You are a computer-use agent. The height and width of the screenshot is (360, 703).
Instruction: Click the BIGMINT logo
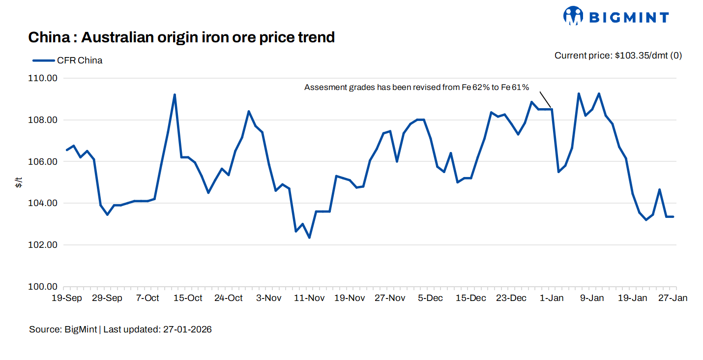pos(616,17)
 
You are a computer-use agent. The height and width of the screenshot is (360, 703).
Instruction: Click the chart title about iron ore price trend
pos(181,37)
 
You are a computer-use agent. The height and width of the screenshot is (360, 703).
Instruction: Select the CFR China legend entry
pos(68,60)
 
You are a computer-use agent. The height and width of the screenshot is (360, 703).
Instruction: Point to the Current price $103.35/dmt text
pos(618,56)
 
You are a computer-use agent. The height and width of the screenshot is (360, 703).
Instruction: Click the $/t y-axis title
pos(19,183)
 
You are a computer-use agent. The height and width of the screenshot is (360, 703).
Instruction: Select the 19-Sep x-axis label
pos(67,298)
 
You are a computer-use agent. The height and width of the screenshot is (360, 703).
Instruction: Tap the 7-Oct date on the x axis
pos(147,298)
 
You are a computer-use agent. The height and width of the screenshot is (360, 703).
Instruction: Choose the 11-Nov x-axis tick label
pos(309,298)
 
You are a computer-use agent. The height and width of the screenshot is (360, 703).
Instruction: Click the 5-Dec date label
pos(430,298)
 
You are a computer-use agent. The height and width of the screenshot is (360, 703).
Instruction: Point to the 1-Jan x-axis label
pos(552,298)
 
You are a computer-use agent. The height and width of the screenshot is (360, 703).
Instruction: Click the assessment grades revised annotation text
pos(416,88)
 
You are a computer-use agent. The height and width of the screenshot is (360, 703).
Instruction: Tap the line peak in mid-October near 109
pos(175,94)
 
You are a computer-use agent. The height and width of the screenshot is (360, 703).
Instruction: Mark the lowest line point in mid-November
pos(309,238)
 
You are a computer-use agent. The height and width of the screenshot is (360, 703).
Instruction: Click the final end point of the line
pos(673,217)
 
